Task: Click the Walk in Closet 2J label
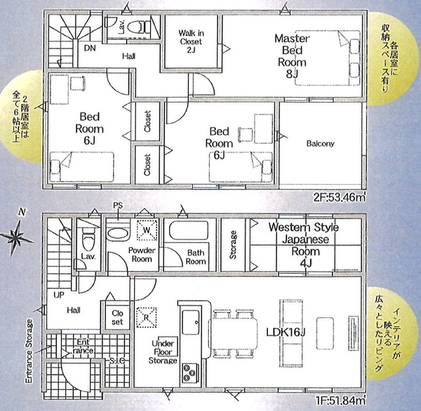pos(191,41)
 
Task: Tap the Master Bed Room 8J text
pos(292,56)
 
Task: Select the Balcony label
pos(321,143)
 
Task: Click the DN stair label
pos(90,48)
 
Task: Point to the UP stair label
pos(59,295)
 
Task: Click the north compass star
pos(17,236)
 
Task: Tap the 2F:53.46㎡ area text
pos(340,197)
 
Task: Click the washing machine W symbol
pos(147,230)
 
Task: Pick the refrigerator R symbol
pos(147,318)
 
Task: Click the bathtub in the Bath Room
pos(189,230)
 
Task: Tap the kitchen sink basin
pos(191,322)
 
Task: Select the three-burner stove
pos(191,373)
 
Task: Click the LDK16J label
pos(286,333)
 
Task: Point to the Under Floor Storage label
pos(163,351)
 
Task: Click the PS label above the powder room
pos(118,206)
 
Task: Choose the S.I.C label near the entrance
pos(117,360)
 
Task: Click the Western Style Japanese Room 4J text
pos(305,245)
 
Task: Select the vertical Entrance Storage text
pos(29,351)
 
